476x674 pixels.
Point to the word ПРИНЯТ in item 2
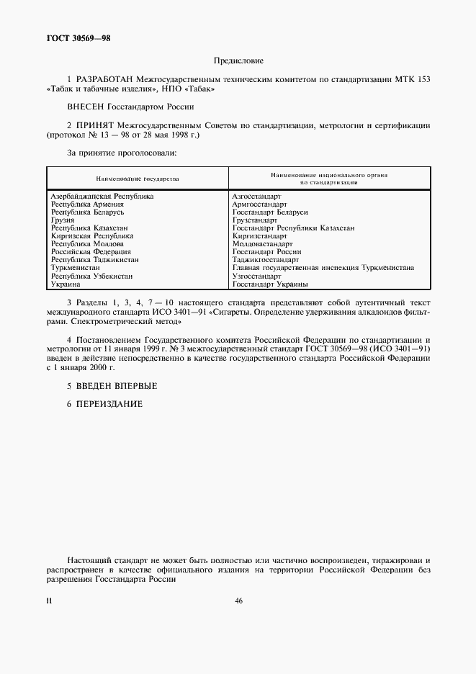point(97,125)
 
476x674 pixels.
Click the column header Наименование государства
point(138,178)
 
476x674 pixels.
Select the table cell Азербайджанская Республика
point(102,196)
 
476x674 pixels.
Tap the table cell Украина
point(66,284)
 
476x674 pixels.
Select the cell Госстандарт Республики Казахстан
point(293,228)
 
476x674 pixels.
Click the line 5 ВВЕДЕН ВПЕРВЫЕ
point(112,387)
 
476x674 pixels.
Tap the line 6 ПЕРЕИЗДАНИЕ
point(104,404)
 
